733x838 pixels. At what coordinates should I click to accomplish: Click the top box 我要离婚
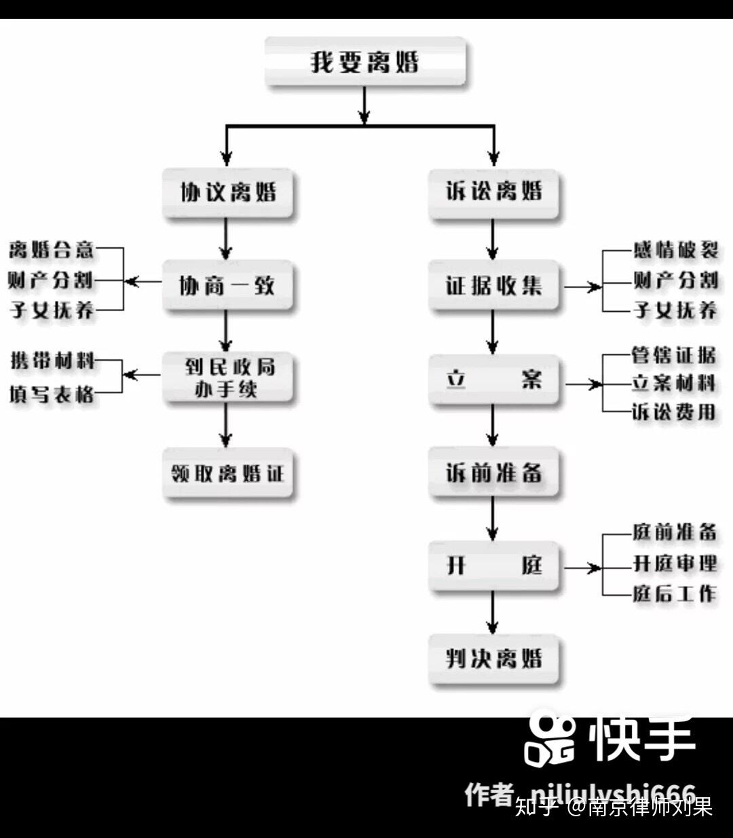point(365,62)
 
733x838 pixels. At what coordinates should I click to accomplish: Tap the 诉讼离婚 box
point(494,192)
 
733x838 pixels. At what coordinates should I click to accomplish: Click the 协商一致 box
point(227,285)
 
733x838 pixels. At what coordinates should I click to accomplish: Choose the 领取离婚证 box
point(228,473)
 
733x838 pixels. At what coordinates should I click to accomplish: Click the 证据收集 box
point(494,285)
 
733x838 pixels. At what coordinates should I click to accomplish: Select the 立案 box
point(494,379)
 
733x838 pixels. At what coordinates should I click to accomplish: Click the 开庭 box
point(494,565)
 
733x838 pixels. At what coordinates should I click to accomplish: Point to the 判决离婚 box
point(494,659)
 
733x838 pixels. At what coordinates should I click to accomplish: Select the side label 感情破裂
point(675,249)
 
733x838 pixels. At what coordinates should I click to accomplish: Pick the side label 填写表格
point(52,393)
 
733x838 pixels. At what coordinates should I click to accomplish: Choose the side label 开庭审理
point(675,563)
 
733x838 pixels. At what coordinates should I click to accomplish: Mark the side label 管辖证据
point(673,354)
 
